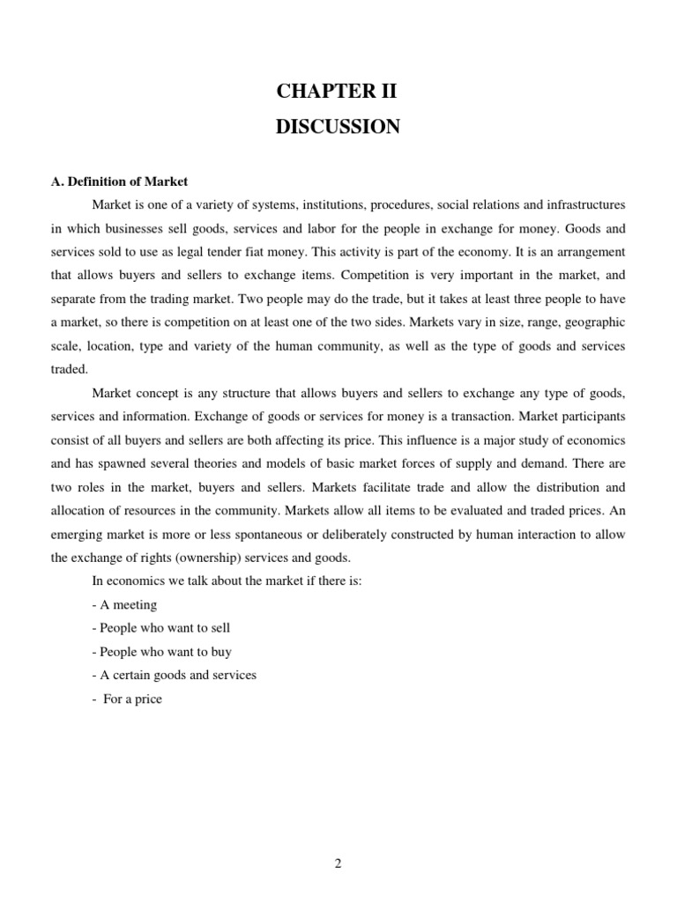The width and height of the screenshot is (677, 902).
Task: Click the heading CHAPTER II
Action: pyautogui.click(x=338, y=92)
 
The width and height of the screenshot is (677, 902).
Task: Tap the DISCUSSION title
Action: pyautogui.click(x=338, y=127)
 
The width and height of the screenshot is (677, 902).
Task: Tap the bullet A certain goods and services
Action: pyautogui.click(x=174, y=676)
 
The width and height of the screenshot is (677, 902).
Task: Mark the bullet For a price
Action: pyautogui.click(x=128, y=699)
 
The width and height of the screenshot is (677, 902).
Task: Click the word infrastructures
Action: pyautogui.click(x=577, y=204)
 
